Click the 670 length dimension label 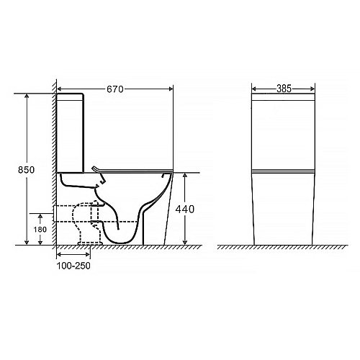coord(115,89)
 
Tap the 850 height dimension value coord(27,170)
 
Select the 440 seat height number coord(185,210)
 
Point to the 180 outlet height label coord(40,230)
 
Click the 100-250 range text coord(73,266)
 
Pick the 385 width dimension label coord(284,89)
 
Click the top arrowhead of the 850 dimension coord(27,96)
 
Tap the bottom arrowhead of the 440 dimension coord(185,243)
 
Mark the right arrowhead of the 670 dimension coord(171,89)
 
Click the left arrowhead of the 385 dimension coord(254,89)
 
